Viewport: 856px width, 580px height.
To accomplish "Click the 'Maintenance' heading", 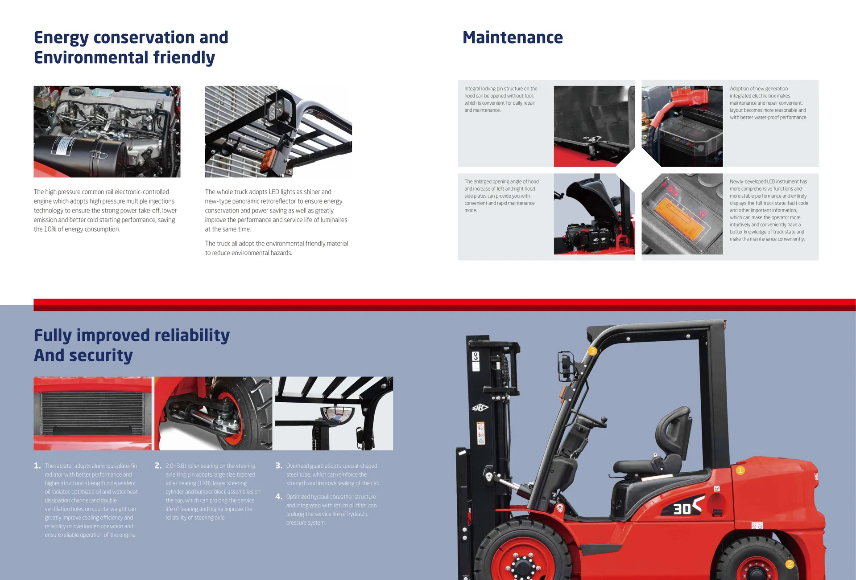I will point(513,37).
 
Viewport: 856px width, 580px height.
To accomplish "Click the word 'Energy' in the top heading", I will point(61,38).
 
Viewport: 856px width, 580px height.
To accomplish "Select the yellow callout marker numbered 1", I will point(740,470).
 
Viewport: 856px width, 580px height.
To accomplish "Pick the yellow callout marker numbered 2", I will point(790,564).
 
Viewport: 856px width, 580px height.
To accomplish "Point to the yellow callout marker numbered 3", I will point(592,351).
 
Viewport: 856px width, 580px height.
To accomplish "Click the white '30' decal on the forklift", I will point(682,509).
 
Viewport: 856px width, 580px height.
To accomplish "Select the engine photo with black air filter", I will point(107,131).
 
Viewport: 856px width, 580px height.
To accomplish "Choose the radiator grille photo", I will point(92,413).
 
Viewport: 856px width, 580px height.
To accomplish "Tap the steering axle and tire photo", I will point(213,413).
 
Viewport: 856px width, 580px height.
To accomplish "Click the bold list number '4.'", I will point(279,497).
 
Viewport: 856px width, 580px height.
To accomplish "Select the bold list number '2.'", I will point(158,466).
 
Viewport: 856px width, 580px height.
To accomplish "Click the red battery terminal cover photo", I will point(682,126).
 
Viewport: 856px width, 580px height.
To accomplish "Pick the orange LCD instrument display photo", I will point(682,214).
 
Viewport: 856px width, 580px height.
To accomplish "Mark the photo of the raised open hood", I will point(594,214).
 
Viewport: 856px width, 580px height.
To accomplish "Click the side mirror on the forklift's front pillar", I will point(566,364).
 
